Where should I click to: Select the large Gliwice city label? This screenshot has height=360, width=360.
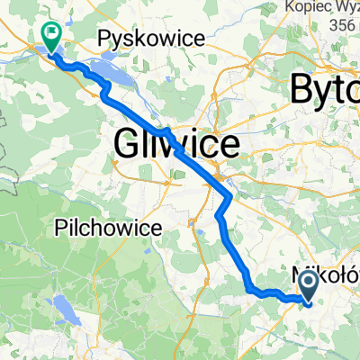(176, 142)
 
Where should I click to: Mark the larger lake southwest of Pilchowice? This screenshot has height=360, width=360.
(63, 311)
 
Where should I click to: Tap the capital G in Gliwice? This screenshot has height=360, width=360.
(128, 142)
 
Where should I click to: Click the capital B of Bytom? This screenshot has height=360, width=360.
(303, 90)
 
